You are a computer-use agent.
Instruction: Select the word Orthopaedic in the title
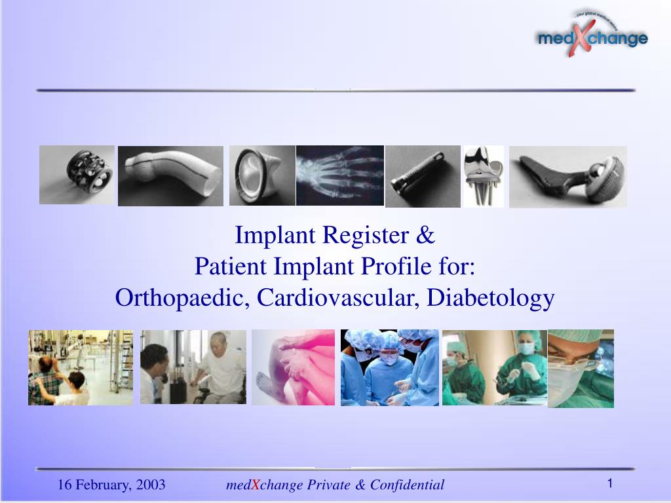tap(182, 298)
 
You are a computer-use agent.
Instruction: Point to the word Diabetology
tap(491, 298)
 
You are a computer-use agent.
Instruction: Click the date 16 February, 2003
tap(111, 485)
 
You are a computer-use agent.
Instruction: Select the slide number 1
tap(609, 483)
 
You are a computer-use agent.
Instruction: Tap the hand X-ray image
tap(339, 176)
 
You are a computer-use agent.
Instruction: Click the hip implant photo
tap(567, 176)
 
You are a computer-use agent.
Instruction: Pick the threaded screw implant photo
tap(423, 176)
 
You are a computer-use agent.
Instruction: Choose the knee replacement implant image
tap(484, 176)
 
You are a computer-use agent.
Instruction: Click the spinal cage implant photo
tap(77, 175)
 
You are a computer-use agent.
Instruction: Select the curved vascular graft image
tap(170, 176)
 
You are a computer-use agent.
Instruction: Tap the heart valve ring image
tap(262, 176)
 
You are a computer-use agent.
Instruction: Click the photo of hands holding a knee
tap(293, 367)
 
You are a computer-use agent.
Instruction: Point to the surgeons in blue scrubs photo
tap(389, 367)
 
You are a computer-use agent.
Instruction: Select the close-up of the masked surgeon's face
tap(581, 368)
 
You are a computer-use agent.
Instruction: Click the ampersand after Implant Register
tap(427, 235)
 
